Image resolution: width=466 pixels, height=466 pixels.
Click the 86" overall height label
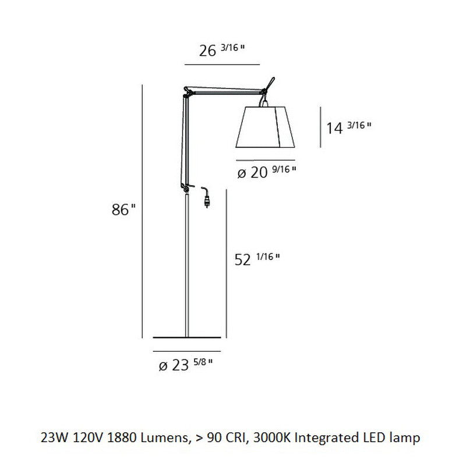click(123, 210)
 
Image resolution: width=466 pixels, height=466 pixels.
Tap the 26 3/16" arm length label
click(221, 51)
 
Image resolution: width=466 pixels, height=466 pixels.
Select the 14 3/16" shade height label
click(348, 127)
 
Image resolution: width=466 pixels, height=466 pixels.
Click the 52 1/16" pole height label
click(257, 259)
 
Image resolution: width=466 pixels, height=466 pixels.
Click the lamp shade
click(265, 127)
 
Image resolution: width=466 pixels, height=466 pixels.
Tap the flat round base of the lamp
click(187, 337)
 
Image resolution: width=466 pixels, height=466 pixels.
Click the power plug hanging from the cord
click(206, 202)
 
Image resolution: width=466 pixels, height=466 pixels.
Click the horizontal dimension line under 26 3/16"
click(221, 63)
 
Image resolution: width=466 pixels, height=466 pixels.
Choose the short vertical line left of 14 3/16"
click(320, 126)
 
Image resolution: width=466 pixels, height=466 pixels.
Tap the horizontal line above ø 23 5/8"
click(187, 352)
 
